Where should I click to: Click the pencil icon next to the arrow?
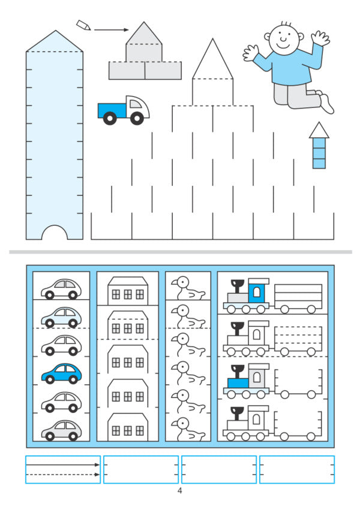pyautogui.click(x=83, y=25)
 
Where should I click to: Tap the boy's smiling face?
pyautogui.click(x=283, y=37)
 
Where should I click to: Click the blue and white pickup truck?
pyautogui.click(x=124, y=110)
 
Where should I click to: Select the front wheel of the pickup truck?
pyautogui.click(x=137, y=118)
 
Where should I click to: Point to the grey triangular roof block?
pyautogui.click(x=143, y=33)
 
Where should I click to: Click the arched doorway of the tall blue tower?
pyautogui.click(x=55, y=233)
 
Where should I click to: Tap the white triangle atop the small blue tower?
pyautogui.click(x=319, y=130)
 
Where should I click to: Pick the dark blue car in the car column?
pyautogui.click(x=61, y=374)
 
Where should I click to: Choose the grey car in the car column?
pyautogui.click(x=61, y=430)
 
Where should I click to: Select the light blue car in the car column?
pyautogui.click(x=61, y=317)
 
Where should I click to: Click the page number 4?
pyautogui.click(x=179, y=490)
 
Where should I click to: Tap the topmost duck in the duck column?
pyautogui.click(x=188, y=288)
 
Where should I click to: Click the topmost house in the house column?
pyautogui.click(x=128, y=291)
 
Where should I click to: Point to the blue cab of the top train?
pyautogui.click(x=257, y=291)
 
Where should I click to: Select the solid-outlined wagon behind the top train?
pyautogui.click(x=298, y=299)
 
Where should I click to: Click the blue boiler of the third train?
pyautogui.click(x=238, y=383)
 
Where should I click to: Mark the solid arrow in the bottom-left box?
pyautogui.click(x=63, y=465)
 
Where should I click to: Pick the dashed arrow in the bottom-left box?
pyautogui.click(x=63, y=475)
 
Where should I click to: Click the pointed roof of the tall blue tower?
pyautogui.click(x=55, y=41)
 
